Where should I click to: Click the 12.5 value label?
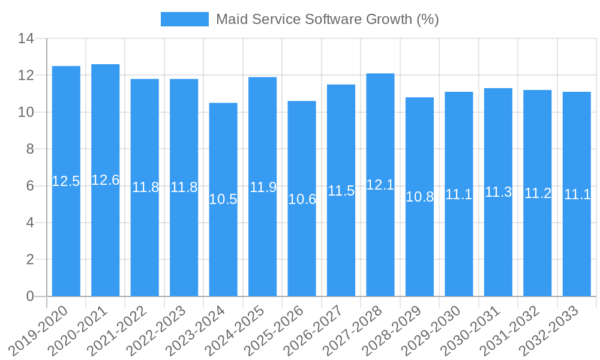66,181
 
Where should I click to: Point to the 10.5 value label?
223,199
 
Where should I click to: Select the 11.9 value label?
263,187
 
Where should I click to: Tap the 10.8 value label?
419,197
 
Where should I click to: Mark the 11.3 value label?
498,192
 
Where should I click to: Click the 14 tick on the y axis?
26,39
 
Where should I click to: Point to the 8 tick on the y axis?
30,149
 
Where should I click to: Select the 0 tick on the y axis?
30,296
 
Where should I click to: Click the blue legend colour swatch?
185,19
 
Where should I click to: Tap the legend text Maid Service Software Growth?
327,19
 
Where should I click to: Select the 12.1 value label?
380,185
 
